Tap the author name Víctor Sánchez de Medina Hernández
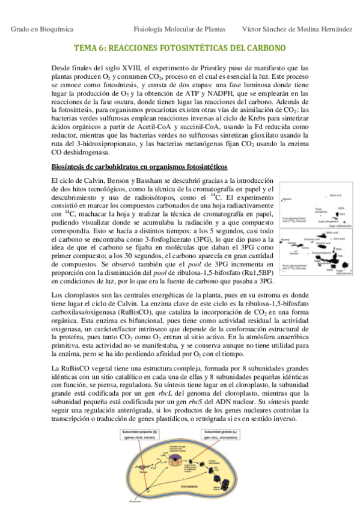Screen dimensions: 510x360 (x=296, y=29)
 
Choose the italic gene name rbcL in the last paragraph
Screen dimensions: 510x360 (x=159, y=393)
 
